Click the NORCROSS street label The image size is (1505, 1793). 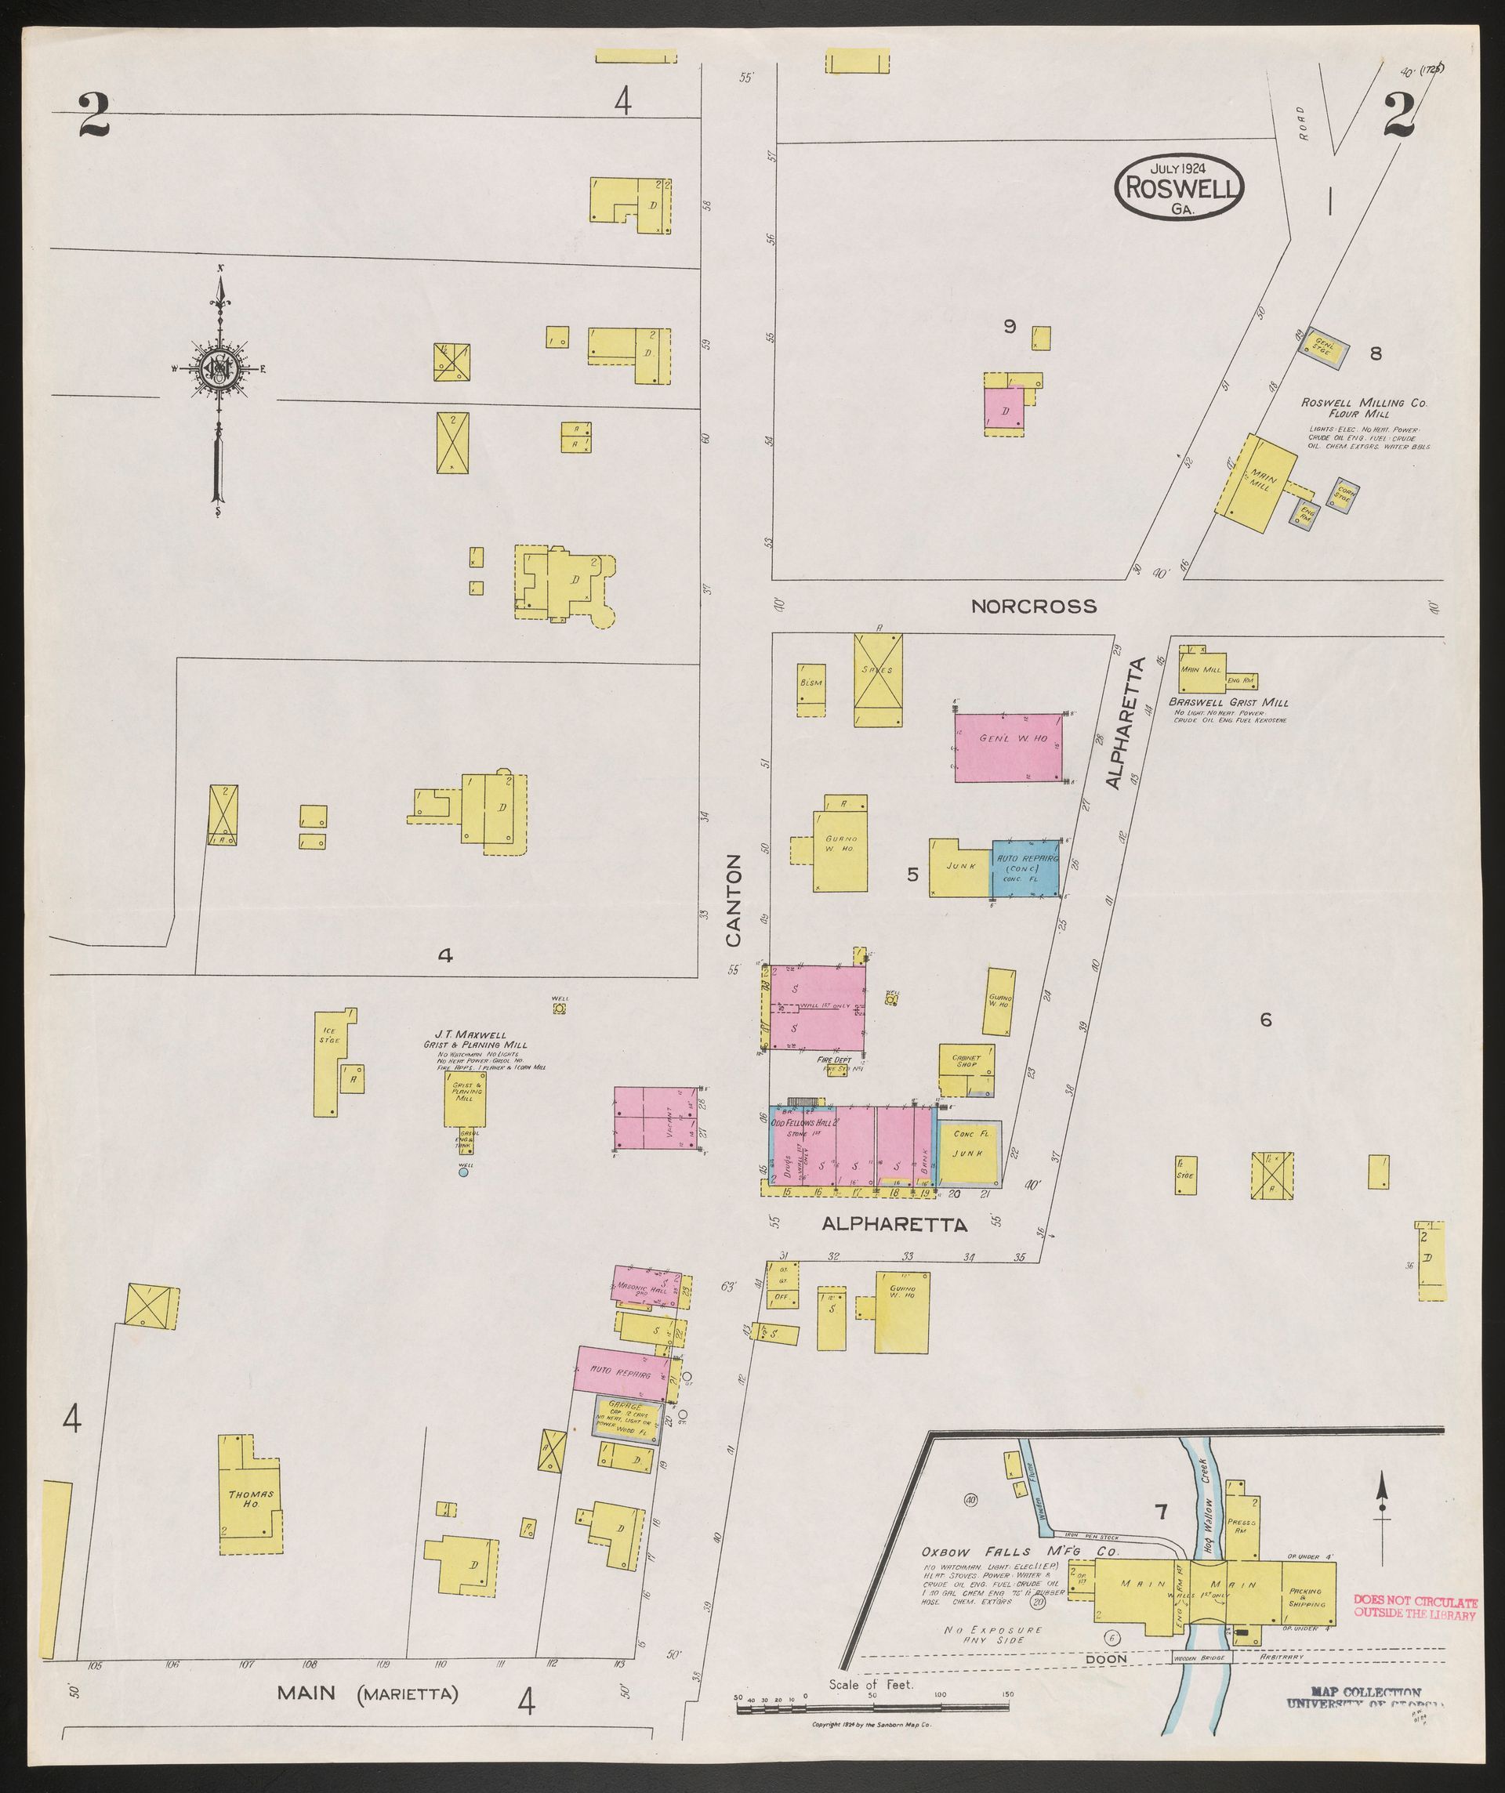point(1034,607)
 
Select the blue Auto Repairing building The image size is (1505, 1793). point(1025,868)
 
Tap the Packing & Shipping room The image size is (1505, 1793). point(1307,1596)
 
